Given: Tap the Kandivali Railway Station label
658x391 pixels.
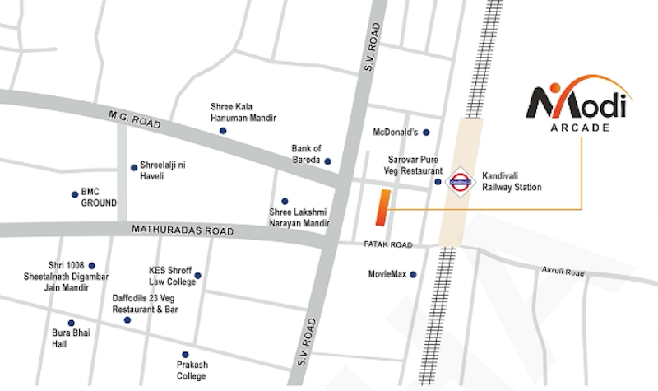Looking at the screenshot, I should pos(512,181).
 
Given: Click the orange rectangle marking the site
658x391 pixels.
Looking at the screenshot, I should pos(382,207).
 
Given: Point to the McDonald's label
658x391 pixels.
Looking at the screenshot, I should pos(396,132).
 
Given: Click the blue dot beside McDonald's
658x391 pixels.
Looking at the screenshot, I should pos(426,132).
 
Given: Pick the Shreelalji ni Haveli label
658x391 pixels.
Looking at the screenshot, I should pos(163,171).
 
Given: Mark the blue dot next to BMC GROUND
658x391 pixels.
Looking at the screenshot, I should pos(73,195).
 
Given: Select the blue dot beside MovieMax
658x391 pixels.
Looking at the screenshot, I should pos(413,274).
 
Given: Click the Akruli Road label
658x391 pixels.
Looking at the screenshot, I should pos(563,272).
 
